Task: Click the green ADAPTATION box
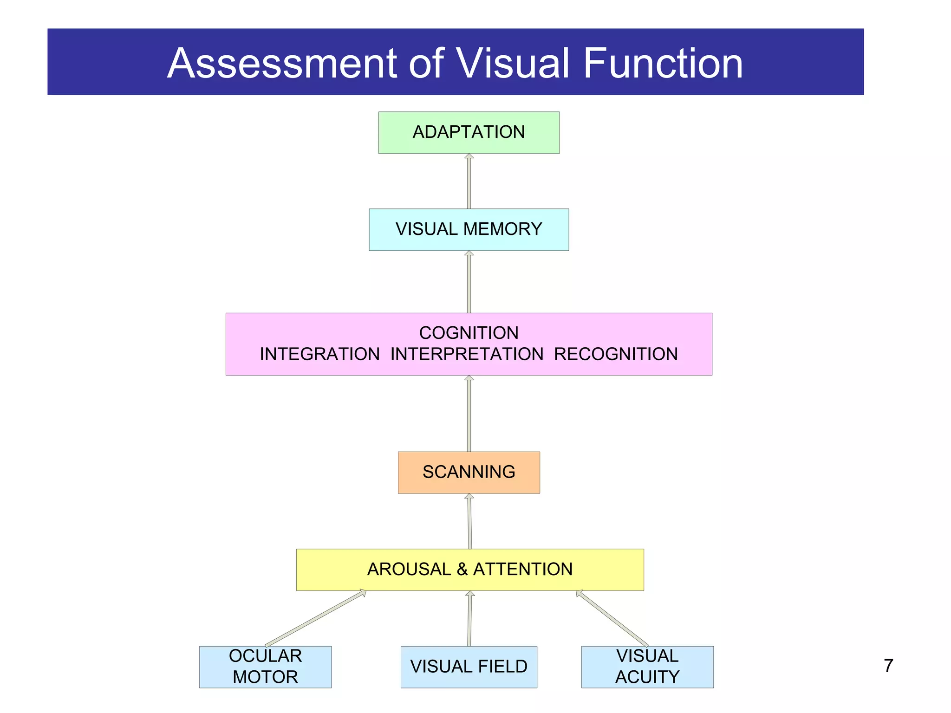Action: tap(469, 132)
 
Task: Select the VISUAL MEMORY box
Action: tap(469, 229)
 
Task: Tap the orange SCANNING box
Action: tap(469, 472)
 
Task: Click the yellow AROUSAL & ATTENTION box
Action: tap(469, 570)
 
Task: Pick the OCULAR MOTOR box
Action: tap(265, 667)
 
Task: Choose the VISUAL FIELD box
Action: tap(469, 667)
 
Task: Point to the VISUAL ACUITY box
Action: tap(647, 667)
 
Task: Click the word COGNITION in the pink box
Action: tap(469, 333)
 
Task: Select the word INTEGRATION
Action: tap(319, 354)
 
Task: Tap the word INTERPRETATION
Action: tap(467, 354)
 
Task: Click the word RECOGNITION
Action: tap(616, 354)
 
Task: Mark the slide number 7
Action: tap(888, 666)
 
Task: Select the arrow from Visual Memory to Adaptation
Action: tap(469, 182)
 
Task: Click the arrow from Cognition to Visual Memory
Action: tap(469, 282)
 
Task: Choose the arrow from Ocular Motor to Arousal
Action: tap(316, 618)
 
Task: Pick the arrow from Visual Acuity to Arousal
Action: tap(612, 618)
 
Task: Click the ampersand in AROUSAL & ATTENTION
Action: tap(462, 570)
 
